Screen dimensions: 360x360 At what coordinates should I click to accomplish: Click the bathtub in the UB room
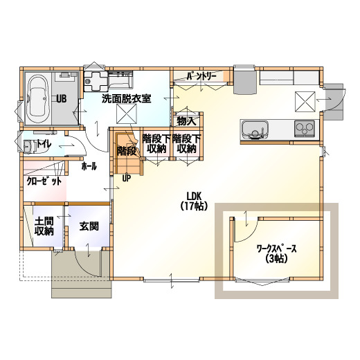click(38, 99)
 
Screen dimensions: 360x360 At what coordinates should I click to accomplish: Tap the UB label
click(62, 99)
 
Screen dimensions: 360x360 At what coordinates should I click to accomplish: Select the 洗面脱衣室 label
click(127, 99)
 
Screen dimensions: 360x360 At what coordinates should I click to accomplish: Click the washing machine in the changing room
click(96, 81)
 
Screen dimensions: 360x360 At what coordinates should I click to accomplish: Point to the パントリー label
click(201, 76)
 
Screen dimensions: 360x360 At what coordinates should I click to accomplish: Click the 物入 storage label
click(186, 121)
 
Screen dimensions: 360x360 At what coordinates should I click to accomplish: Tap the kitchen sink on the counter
click(255, 129)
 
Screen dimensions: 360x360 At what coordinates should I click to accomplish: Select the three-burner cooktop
click(305, 129)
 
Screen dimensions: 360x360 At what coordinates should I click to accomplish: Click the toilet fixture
click(30, 146)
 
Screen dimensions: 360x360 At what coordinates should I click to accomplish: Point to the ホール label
click(89, 166)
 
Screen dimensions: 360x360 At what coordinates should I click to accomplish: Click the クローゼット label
click(44, 181)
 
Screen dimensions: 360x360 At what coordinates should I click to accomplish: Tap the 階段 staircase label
click(127, 151)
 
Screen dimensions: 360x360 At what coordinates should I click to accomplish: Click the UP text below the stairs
click(126, 178)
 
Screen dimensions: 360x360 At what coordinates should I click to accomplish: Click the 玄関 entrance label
click(89, 226)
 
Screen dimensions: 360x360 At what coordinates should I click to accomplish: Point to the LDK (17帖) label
click(194, 201)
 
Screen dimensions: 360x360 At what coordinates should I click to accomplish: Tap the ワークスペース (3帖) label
click(276, 253)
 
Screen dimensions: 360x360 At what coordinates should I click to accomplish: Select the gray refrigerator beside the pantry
click(245, 81)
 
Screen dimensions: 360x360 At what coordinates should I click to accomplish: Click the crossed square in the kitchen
click(305, 102)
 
